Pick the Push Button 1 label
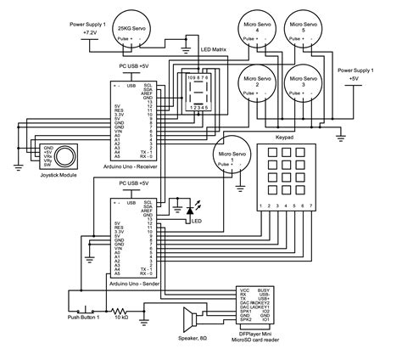click(85, 318)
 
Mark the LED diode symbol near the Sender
click(180, 206)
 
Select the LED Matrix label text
click(213, 50)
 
